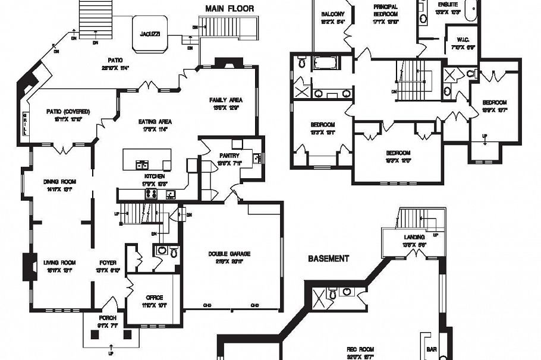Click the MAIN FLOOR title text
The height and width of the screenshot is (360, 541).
coord(229,9)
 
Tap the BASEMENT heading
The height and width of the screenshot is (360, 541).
coord(328,259)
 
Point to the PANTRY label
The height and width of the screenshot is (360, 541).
coord(229,156)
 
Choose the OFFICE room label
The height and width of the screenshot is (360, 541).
coord(154,298)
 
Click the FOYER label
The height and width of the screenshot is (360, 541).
coord(108,263)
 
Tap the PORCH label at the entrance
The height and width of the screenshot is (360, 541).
coord(108,318)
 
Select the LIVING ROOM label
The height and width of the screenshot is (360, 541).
coord(59,263)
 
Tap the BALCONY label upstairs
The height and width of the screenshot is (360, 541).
coord(333,14)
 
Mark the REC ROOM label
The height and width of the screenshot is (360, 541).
coord(361,350)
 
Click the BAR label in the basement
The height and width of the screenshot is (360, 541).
coord(432,350)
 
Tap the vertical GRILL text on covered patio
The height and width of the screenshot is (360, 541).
coord(26,124)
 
